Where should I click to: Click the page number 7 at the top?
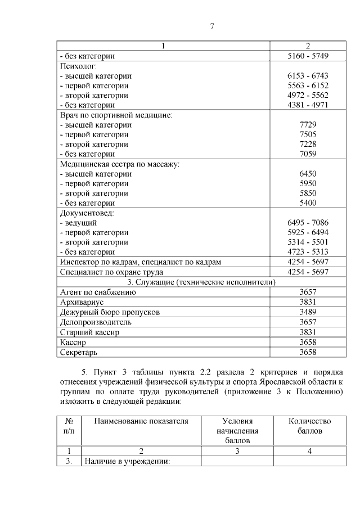pos(212,26)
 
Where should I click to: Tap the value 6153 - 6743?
pos(308,76)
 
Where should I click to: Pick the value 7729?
pos(308,125)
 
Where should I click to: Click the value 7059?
pos(308,154)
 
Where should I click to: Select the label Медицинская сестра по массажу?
pos(119,164)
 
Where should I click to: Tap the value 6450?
pos(308,174)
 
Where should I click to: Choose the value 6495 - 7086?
pos(308,223)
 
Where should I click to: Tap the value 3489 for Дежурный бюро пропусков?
pos(308,312)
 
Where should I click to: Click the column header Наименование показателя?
pos(141,421)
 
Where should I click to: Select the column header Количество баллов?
pos(309,426)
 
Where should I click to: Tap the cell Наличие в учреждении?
pos(127,461)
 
